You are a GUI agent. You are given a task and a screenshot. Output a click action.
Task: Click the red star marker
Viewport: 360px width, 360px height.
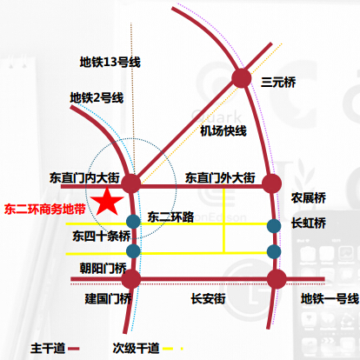click(107, 202)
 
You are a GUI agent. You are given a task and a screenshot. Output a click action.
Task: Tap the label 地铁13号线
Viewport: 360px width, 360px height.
click(110, 63)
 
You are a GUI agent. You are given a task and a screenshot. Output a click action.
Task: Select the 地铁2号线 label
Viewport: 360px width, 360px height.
click(97, 98)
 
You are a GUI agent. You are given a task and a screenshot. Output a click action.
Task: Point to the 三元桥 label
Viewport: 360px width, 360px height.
click(278, 82)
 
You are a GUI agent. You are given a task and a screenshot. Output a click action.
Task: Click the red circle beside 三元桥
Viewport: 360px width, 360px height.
click(242, 78)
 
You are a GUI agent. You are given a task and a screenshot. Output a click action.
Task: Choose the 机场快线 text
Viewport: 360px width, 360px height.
click(223, 131)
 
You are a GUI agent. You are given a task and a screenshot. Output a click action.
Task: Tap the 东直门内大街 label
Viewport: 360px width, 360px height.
click(84, 177)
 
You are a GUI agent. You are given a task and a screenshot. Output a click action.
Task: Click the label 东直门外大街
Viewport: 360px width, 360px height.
click(220, 177)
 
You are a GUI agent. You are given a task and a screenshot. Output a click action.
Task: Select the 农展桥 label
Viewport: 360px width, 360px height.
click(309, 198)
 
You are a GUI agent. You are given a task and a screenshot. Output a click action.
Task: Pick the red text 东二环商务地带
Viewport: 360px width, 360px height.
click(45, 209)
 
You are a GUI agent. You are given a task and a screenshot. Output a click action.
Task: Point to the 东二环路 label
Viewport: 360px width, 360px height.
click(170, 217)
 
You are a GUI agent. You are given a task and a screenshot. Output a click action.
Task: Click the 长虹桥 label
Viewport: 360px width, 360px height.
click(309, 223)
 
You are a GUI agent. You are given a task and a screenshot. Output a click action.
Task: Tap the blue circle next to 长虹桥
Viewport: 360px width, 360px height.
click(274, 226)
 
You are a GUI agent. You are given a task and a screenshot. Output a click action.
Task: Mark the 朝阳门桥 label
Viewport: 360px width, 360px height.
click(103, 268)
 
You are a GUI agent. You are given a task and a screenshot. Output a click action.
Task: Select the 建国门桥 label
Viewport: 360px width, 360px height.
click(108, 298)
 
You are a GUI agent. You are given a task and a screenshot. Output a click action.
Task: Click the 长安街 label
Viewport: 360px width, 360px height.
click(208, 298)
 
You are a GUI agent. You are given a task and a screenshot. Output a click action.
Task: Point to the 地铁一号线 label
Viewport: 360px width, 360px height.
click(330, 298)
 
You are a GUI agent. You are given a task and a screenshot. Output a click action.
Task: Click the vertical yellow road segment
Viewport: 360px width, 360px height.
click(223, 220)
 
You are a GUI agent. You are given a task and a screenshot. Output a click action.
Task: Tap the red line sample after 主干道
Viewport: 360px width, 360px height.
click(74, 349)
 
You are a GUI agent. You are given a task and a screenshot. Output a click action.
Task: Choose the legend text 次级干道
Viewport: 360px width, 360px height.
click(137, 348)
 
